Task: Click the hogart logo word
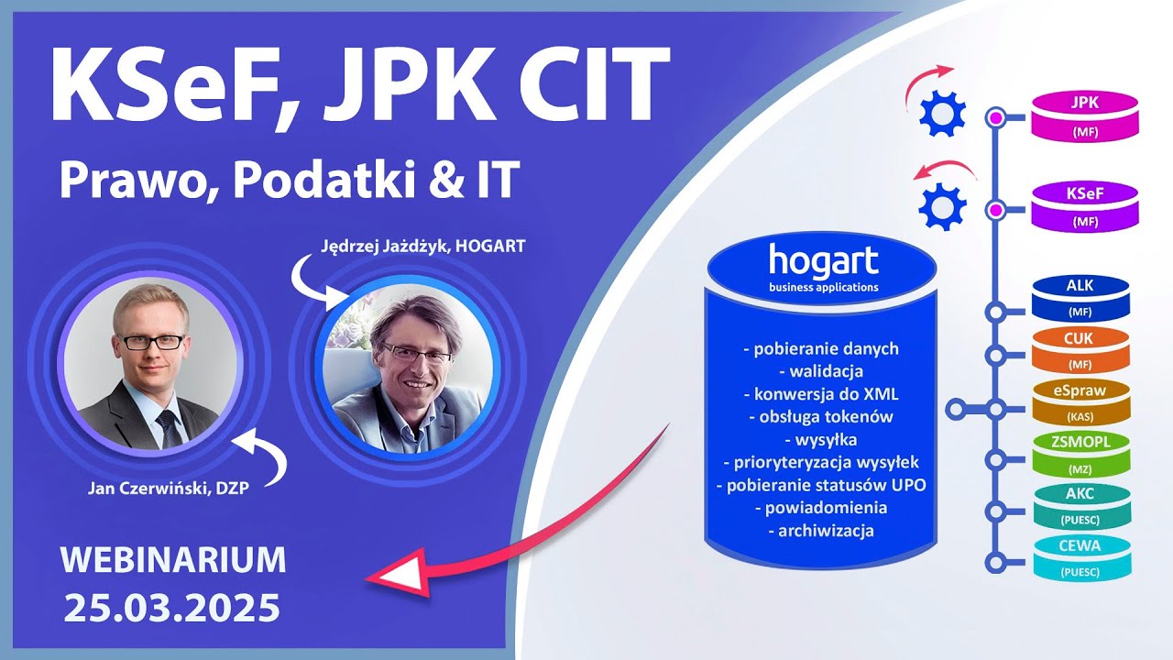pos(823,260)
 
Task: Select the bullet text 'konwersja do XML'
pos(820,394)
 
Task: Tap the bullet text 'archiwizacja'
pos(820,530)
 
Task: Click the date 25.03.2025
pos(172,607)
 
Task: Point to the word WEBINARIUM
pos(172,558)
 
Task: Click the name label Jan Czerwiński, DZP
pos(162,488)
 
